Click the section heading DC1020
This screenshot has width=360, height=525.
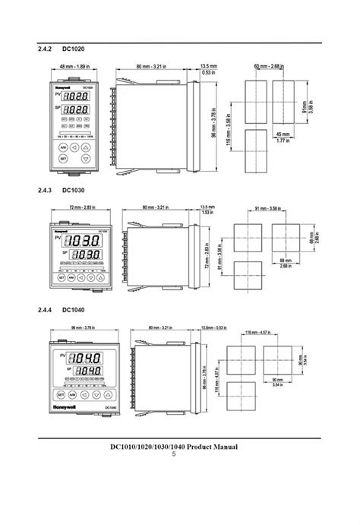[74, 49]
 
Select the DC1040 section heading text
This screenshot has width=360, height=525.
[74, 310]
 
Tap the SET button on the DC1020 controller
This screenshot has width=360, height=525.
[64, 159]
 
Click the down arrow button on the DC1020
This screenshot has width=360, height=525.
[85, 159]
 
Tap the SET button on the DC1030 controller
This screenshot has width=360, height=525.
[60, 279]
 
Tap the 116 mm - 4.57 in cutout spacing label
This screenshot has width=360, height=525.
[257, 333]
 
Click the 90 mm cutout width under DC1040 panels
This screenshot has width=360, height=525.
[276, 380]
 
